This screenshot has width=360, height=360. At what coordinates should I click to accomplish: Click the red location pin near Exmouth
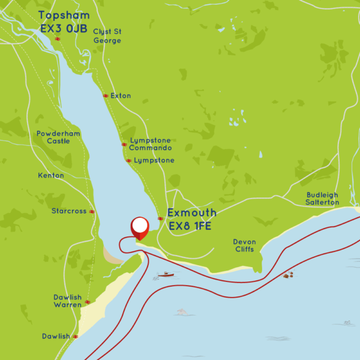pyautogui.click(x=140, y=227)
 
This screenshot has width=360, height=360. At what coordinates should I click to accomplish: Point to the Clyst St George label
pyautogui.click(x=107, y=36)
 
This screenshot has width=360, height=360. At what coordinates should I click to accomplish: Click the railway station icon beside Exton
pyautogui.click(x=105, y=96)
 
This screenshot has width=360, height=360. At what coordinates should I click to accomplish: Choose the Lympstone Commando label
pyautogui.click(x=151, y=144)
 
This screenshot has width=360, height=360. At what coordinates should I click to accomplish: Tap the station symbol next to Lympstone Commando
pyautogui.click(x=124, y=144)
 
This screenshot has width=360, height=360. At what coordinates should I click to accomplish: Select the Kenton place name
pyautogui.click(x=50, y=175)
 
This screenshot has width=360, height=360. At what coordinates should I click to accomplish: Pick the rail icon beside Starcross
pyautogui.click(x=92, y=211)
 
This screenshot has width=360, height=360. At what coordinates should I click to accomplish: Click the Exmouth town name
pyautogui.click(x=192, y=213)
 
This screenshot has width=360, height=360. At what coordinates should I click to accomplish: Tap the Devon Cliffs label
pyautogui.click(x=244, y=245)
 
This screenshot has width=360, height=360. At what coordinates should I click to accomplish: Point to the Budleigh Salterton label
pyautogui.click(x=322, y=199)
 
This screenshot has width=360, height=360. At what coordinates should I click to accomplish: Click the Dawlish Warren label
pyautogui.click(x=67, y=301)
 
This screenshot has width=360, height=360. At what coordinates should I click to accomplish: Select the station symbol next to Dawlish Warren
pyautogui.click(x=88, y=302)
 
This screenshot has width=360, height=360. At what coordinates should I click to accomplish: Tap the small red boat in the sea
pyautogui.click(x=166, y=274)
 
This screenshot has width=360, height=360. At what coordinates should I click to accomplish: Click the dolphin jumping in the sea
pyautogui.click(x=182, y=311)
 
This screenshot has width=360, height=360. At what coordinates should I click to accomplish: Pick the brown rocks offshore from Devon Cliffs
pyautogui.click(x=289, y=275)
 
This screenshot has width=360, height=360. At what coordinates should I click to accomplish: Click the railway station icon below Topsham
pyautogui.click(x=58, y=39)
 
